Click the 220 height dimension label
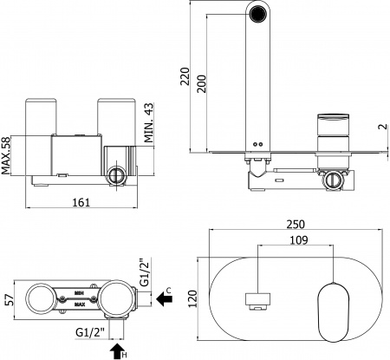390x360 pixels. (x=184, y=80)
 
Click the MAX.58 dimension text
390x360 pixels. (x=8, y=154)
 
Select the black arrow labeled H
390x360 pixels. (x=119, y=350)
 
